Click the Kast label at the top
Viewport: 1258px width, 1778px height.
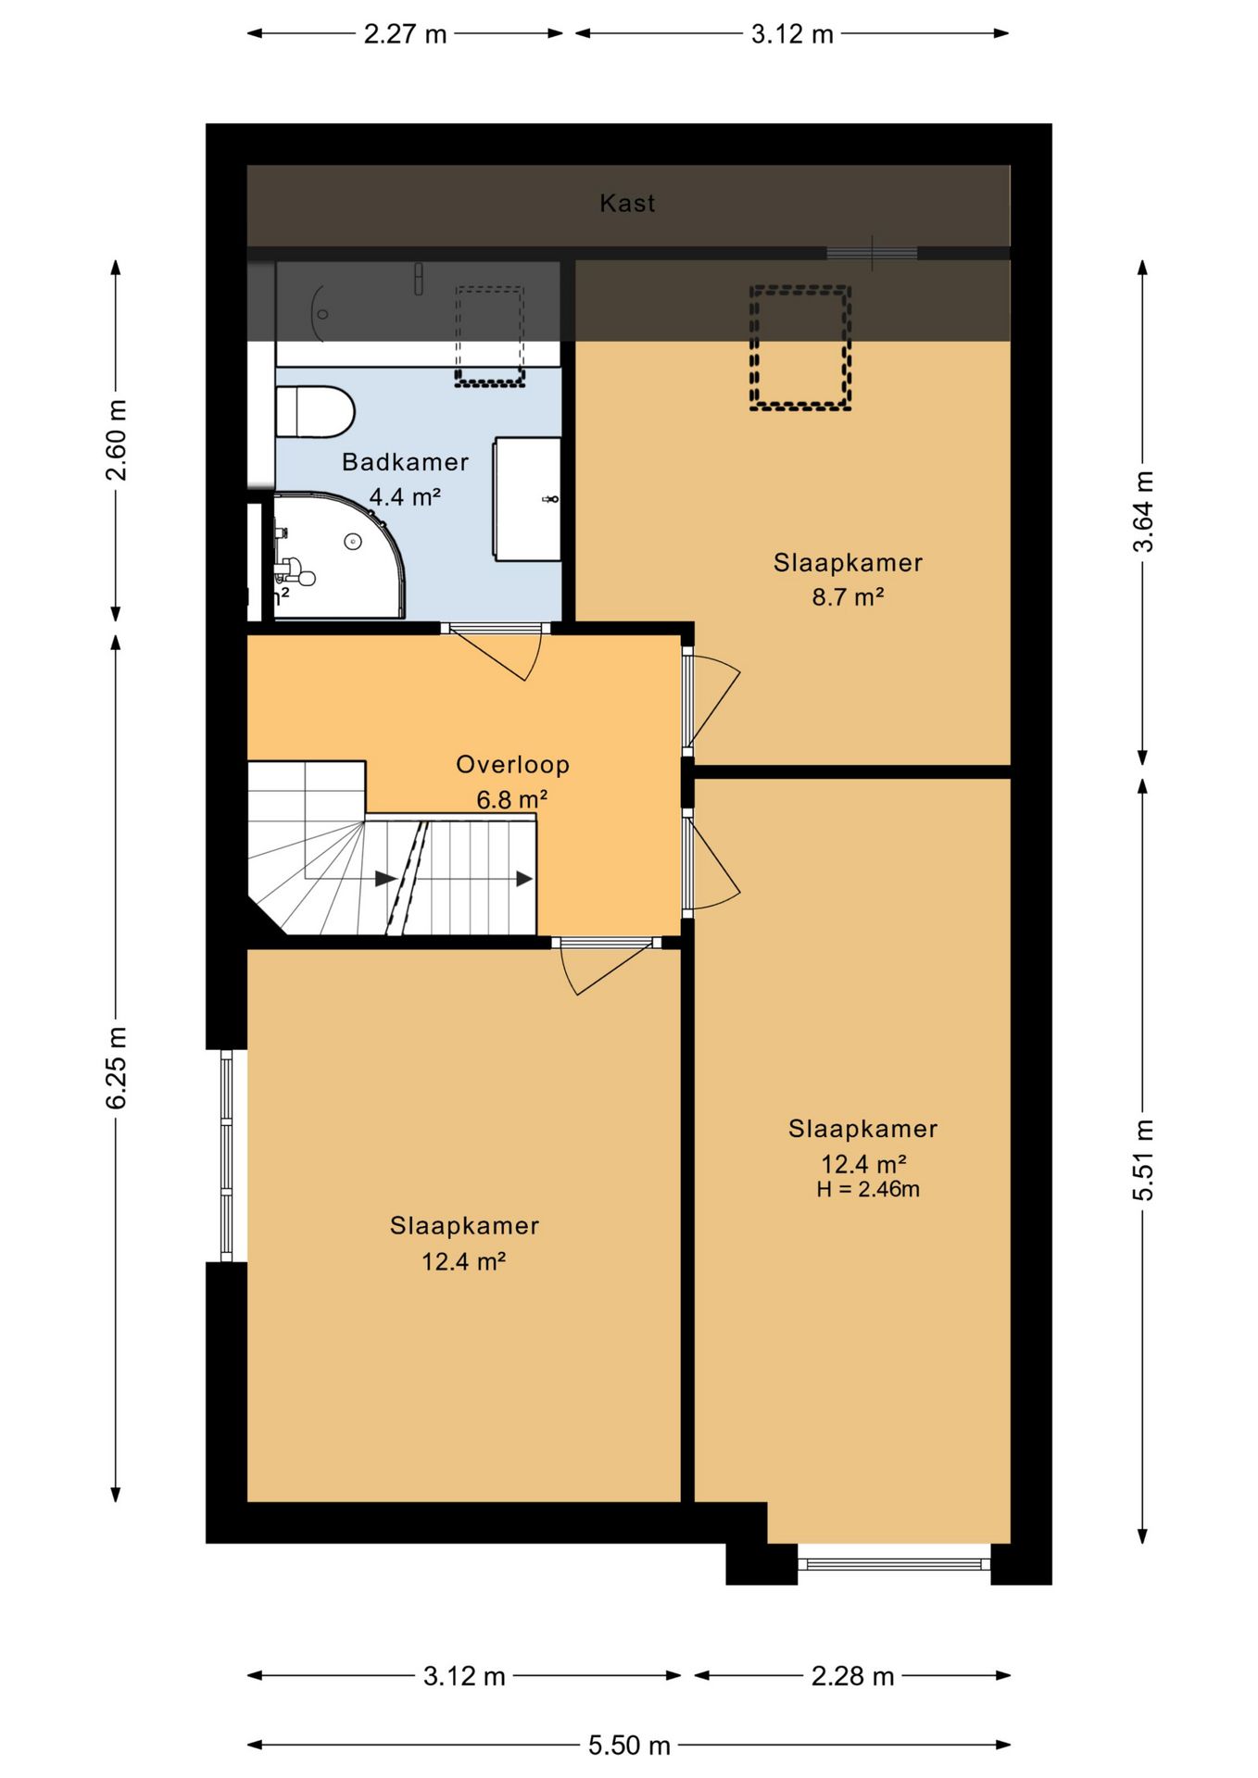[x=627, y=203]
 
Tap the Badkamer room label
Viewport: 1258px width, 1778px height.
[x=405, y=461]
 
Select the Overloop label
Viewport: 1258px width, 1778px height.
[x=512, y=764]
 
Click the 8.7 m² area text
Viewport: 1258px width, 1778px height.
[x=848, y=596]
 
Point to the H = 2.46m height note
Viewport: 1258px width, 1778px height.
[x=868, y=1189]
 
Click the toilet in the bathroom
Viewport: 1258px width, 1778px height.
[x=315, y=411]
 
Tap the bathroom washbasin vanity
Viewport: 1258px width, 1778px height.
[x=526, y=499]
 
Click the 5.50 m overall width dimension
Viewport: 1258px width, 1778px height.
[x=629, y=1745]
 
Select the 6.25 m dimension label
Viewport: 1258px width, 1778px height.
[x=116, y=1067]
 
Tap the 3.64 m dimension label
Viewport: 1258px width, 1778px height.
[x=1143, y=511]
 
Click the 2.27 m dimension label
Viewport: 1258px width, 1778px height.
[x=405, y=34]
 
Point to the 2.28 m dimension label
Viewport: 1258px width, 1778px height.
[x=852, y=1676]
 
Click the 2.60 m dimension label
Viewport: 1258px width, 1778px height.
[x=116, y=440]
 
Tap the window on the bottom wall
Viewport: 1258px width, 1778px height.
[x=894, y=1564]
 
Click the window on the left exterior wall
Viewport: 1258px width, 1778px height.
[x=226, y=1156]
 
